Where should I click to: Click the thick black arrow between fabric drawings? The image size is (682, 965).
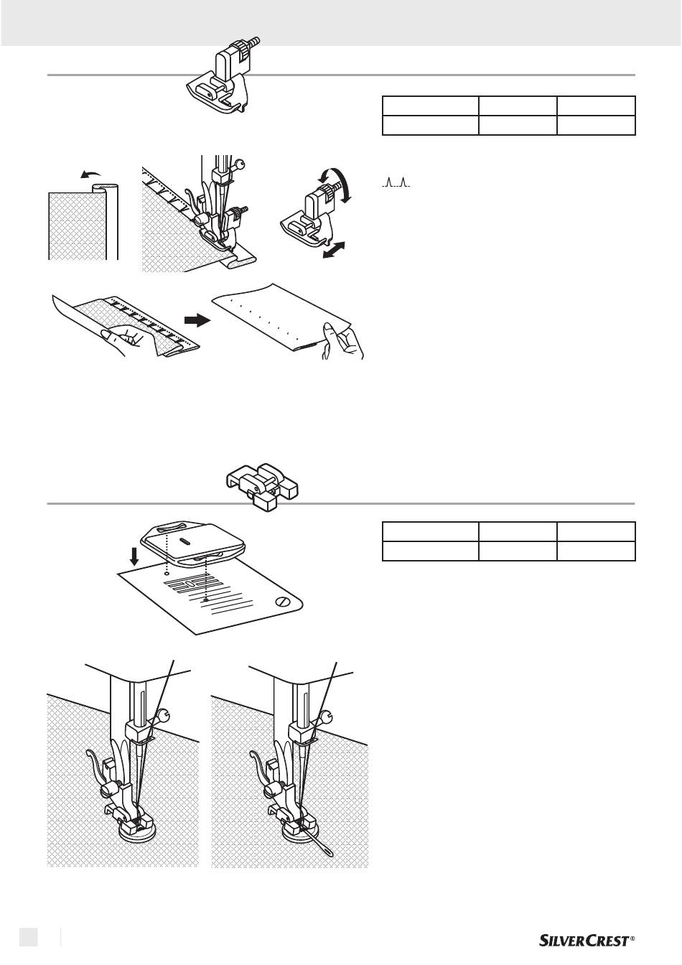click(x=197, y=320)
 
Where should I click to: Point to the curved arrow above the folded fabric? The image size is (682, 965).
click(x=91, y=174)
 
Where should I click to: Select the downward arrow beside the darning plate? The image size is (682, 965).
click(x=135, y=557)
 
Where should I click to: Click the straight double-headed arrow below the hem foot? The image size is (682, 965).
click(x=335, y=250)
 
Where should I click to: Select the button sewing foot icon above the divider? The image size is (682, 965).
click(x=263, y=486)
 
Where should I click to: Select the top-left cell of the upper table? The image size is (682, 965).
click(x=431, y=106)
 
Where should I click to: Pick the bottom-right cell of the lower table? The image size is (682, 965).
click(x=597, y=551)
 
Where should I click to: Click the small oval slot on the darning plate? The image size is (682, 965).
click(x=184, y=542)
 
